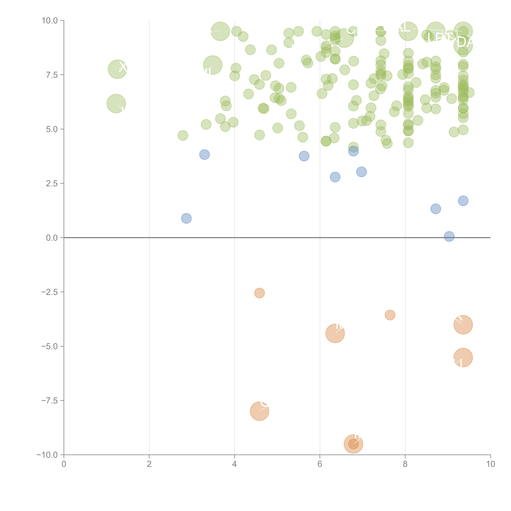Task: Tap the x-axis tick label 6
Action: coord(320,464)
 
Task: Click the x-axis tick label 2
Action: coord(149,464)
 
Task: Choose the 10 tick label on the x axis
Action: coord(490,464)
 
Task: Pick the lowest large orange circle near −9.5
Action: coord(353,444)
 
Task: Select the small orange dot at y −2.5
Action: coord(259,293)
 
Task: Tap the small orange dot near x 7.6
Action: coord(390,315)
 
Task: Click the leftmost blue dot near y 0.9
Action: coord(186,218)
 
